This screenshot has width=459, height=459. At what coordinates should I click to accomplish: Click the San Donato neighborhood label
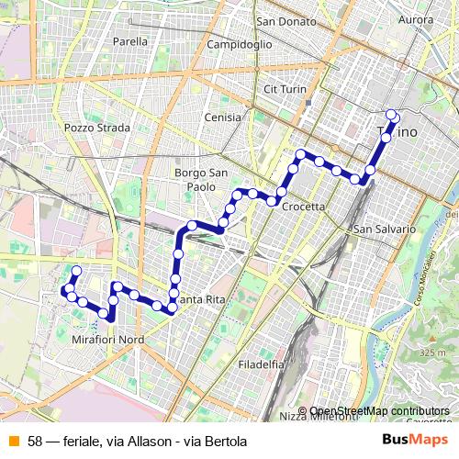[x=285, y=20]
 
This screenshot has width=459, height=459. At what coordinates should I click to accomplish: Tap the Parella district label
[x=129, y=41]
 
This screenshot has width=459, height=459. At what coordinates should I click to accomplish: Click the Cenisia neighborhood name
[x=223, y=118]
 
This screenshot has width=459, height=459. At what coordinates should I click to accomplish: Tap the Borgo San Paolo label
[x=196, y=179]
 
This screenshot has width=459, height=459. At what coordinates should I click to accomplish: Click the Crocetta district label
[x=303, y=207]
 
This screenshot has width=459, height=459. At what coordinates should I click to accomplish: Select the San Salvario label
[x=385, y=229]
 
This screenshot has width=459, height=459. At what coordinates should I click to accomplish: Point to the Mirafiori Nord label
[x=108, y=339]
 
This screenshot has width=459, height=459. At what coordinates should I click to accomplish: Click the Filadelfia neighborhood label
[x=261, y=364]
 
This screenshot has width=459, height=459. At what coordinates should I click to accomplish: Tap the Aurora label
[x=416, y=19]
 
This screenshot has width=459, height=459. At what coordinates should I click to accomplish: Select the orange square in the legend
[x=13, y=442]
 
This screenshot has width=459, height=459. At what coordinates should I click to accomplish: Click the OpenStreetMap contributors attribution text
[x=379, y=411]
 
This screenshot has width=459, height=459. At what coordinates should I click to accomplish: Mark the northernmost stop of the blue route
[x=392, y=115]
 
